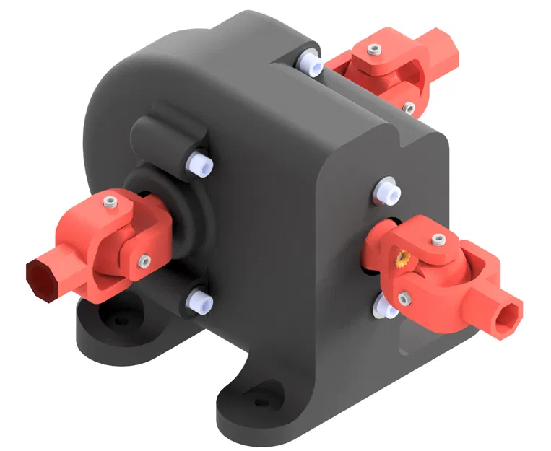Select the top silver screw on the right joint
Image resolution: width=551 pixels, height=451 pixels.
pos(435,239)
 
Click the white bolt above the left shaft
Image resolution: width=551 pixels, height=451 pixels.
pos(198,163)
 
